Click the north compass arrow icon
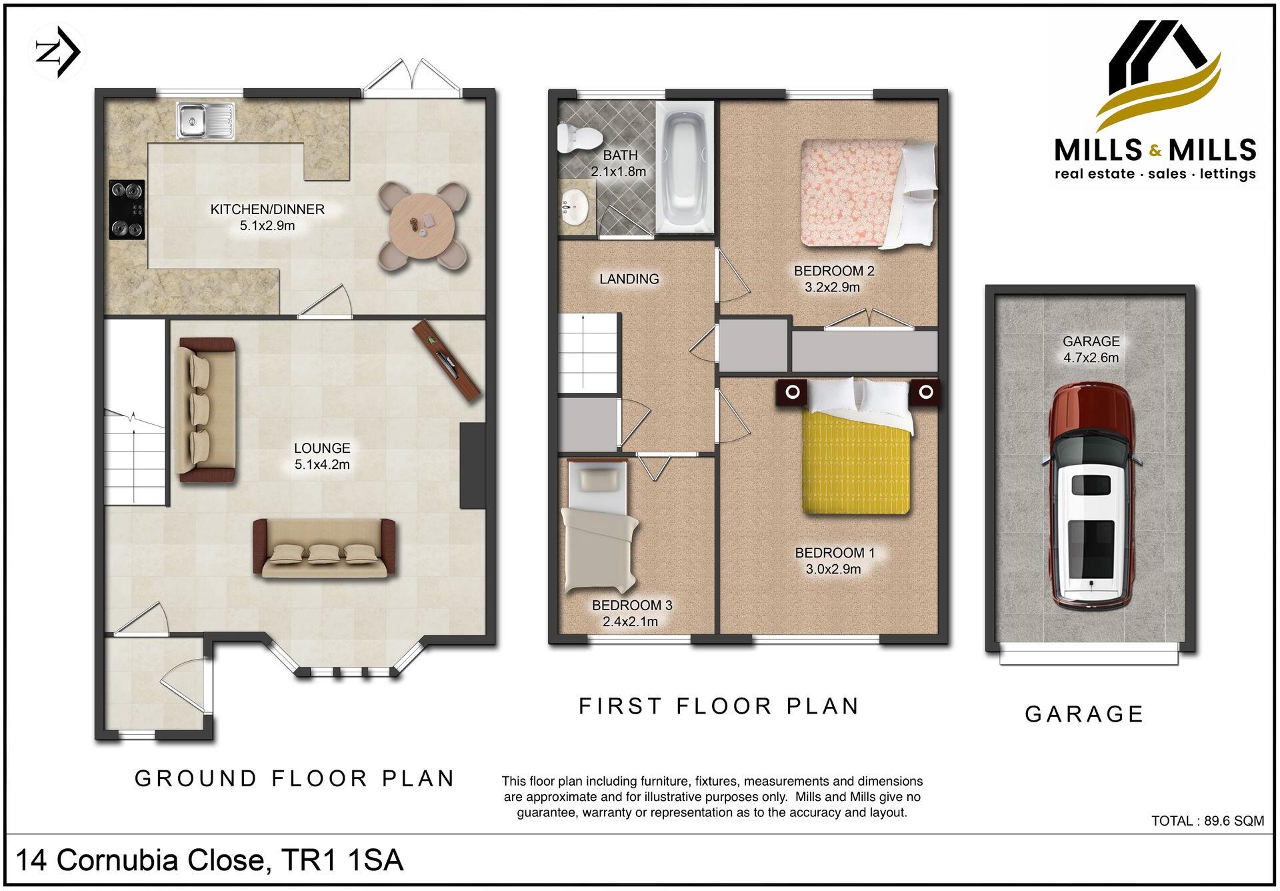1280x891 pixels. [x=57, y=52]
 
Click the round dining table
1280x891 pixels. [x=423, y=226]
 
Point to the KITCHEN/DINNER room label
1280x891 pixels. [x=267, y=209]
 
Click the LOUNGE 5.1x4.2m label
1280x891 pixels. [x=322, y=456]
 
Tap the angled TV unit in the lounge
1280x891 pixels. [x=447, y=360]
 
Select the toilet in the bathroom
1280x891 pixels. [x=578, y=138]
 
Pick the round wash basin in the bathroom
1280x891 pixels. [x=574, y=206]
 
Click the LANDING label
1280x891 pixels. [x=629, y=279]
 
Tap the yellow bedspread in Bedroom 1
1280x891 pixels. [x=857, y=464]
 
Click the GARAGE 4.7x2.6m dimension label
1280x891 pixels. [x=1091, y=349]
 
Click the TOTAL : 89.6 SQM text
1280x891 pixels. [x=1207, y=821]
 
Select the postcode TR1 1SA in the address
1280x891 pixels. [x=343, y=860]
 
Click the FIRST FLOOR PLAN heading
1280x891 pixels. [x=719, y=706]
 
